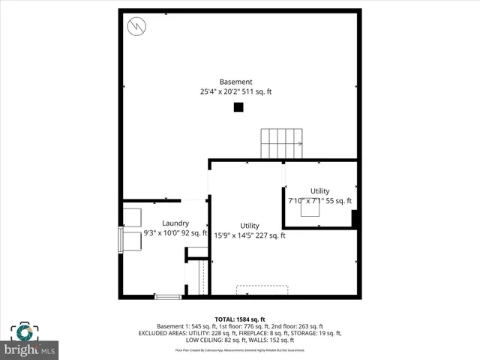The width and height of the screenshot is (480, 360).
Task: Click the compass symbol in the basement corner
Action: [136, 26]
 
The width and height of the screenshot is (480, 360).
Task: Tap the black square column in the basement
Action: [238, 107]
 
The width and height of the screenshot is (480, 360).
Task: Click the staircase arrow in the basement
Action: [299, 143]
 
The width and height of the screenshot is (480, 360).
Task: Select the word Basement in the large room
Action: [235, 82]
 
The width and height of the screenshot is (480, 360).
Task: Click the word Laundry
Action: [175, 223]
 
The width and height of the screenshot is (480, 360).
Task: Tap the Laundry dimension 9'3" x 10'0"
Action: [160, 233]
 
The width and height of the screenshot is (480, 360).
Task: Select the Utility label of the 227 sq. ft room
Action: [250, 226]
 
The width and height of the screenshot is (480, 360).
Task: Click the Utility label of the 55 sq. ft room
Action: [319, 191]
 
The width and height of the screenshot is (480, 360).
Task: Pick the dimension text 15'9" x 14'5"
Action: [232, 235]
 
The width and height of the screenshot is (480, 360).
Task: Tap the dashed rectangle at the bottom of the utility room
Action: [262, 289]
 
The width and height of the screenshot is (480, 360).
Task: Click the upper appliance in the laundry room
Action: [132, 217]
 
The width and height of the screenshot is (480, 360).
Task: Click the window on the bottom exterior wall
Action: [168, 297]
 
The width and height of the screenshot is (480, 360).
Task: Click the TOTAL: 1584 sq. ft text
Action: [239, 319]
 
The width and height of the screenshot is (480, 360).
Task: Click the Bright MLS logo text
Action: [30, 349]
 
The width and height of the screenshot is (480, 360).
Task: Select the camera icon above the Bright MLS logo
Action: [22, 332]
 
